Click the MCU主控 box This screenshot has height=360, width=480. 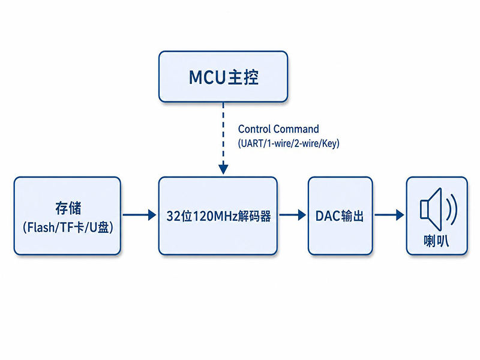[x=223, y=77]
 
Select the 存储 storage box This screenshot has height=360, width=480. [x=67, y=216]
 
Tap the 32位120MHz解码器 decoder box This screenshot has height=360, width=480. [x=218, y=216]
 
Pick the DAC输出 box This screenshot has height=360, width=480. [x=340, y=216]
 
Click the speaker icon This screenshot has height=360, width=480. [x=439, y=209]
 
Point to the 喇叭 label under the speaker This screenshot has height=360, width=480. [x=437, y=241]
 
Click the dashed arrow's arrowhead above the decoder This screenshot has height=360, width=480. [x=223, y=169]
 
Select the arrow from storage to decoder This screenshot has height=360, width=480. [x=140, y=215]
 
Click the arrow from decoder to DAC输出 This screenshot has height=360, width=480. [x=293, y=215]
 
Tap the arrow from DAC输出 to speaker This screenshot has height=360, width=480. [x=389, y=215]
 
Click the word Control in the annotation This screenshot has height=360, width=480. [x=254, y=129]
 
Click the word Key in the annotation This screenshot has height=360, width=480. [x=329, y=143]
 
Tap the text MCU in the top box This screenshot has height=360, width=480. [x=207, y=77]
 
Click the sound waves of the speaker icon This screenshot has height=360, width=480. [x=452, y=209]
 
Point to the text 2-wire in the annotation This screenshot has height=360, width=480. [x=307, y=143]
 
